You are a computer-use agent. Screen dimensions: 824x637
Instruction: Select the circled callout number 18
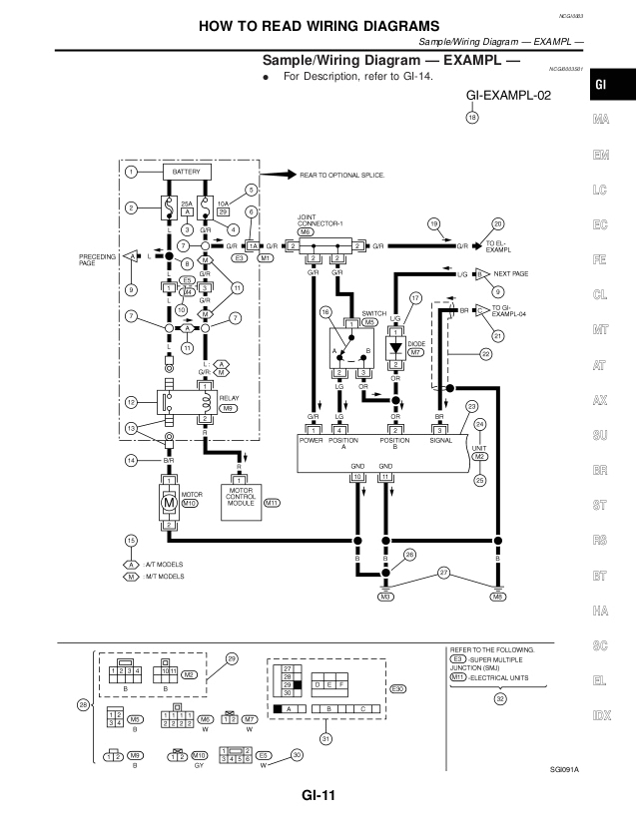[x=472, y=117]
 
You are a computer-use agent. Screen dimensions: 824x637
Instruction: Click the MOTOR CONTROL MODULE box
[x=240, y=496]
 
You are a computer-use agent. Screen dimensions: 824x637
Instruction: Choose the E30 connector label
[x=397, y=688]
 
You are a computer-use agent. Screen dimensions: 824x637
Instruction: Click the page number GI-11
[x=318, y=795]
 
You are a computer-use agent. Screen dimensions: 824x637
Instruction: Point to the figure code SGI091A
[x=564, y=770]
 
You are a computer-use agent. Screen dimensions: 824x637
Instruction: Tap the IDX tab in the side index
[x=601, y=715]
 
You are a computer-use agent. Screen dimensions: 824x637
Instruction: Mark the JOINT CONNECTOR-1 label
[x=319, y=218]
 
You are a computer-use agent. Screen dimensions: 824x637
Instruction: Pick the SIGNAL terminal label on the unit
[x=440, y=439]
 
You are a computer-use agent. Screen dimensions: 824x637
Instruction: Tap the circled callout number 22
[x=486, y=353]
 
